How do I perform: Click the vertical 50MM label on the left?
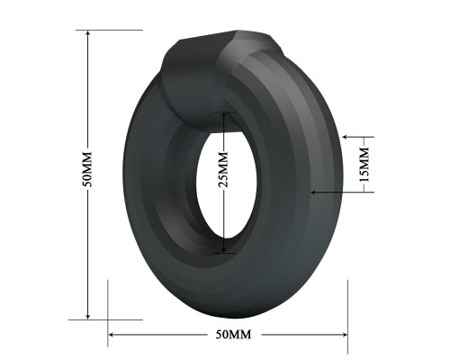click(x=87, y=169)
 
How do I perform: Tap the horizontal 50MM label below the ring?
click(x=233, y=334)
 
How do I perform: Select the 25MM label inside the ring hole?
click(x=223, y=169)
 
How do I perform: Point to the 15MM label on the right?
click(x=364, y=165)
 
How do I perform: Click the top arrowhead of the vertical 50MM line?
click(x=87, y=33)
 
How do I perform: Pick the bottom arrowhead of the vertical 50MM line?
click(x=87, y=316)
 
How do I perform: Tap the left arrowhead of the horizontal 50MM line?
click(x=112, y=335)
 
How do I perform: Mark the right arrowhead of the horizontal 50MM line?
click(x=344, y=335)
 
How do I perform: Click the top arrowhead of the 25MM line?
click(x=224, y=115)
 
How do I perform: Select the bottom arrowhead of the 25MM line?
click(x=224, y=249)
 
